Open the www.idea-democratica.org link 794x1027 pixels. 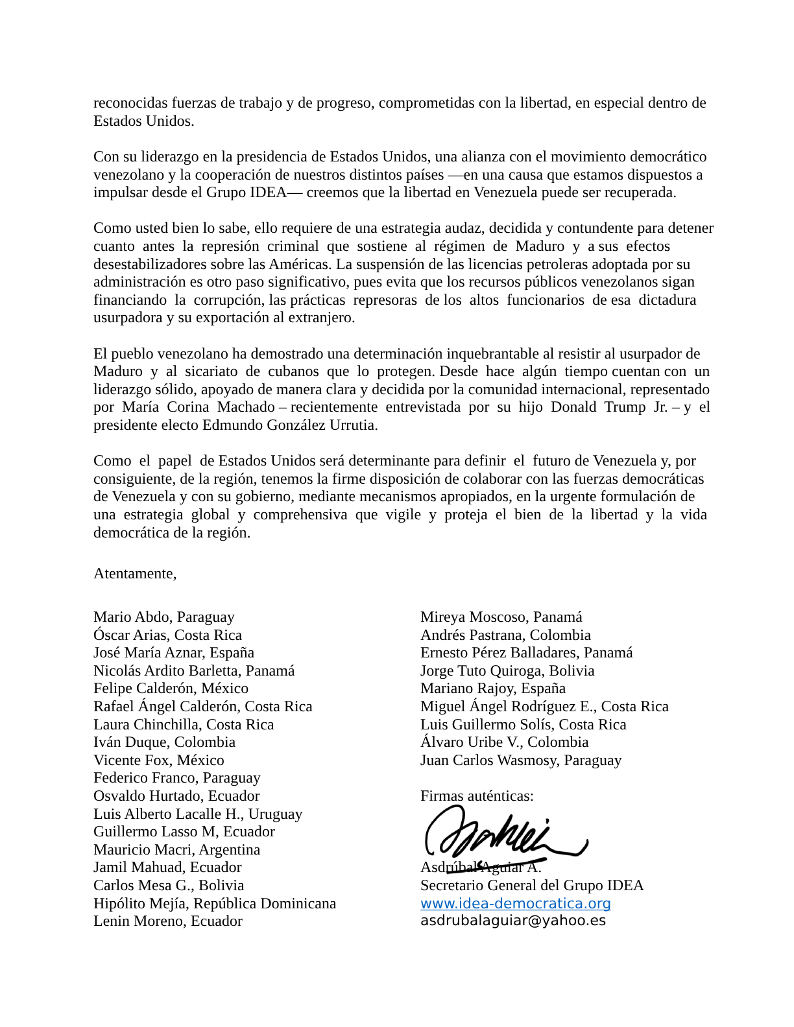click(x=515, y=903)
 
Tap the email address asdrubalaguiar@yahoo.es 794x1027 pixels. click(x=512, y=921)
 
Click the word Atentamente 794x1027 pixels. click(x=134, y=574)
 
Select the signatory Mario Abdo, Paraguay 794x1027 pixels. click(x=163, y=617)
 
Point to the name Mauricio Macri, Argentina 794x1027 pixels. click(x=176, y=849)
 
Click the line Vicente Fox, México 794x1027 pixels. click(x=158, y=760)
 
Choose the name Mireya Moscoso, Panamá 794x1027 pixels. click(x=501, y=617)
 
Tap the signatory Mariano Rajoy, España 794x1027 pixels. click(x=492, y=689)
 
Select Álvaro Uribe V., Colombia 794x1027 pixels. click(x=504, y=742)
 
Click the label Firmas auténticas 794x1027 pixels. click(x=477, y=796)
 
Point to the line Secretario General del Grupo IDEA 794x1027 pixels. click(x=531, y=886)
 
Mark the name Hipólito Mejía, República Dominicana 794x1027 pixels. click(x=214, y=903)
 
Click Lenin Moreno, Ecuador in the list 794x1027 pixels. click(x=167, y=921)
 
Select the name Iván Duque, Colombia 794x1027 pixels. click(x=164, y=742)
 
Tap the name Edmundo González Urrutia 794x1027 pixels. click(x=289, y=425)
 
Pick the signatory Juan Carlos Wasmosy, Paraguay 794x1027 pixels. click(x=520, y=760)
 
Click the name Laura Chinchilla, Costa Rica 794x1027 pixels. click(x=183, y=724)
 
